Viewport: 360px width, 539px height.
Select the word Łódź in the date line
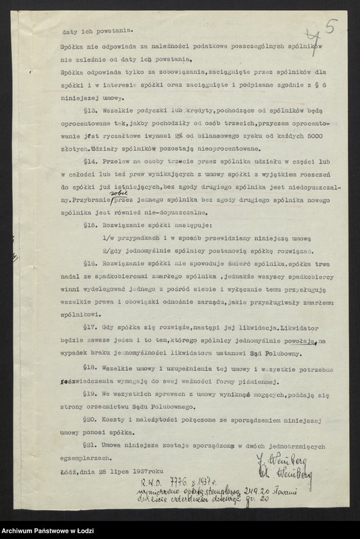tap(69, 473)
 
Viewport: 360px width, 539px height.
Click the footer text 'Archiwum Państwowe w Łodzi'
tap(46, 532)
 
